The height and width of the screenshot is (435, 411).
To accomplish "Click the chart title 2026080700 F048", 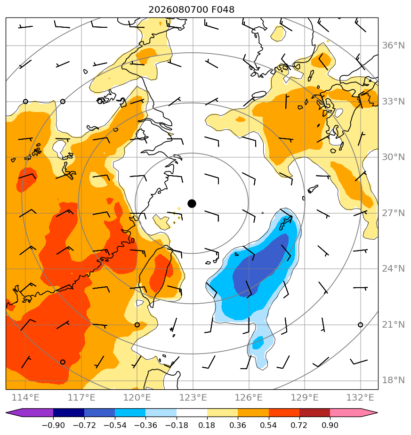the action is pyautogui.click(x=191, y=10).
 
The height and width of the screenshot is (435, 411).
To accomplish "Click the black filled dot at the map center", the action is pyautogui.click(x=192, y=204).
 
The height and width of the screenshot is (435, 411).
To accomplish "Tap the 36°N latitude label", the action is pyautogui.click(x=393, y=46).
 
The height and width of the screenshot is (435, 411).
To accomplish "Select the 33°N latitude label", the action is pyautogui.click(x=393, y=102).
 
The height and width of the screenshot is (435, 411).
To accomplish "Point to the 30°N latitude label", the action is pyautogui.click(x=393, y=157).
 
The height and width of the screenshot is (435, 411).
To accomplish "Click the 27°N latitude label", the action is pyautogui.click(x=393, y=213).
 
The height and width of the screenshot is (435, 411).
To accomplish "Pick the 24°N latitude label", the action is pyautogui.click(x=393, y=268).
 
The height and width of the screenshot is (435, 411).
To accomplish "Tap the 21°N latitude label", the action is pyautogui.click(x=393, y=324).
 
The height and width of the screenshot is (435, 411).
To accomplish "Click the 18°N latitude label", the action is pyautogui.click(x=393, y=380).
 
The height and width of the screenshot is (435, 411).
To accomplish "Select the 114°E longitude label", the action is pyautogui.click(x=25, y=397).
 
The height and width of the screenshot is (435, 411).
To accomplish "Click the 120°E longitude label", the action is pyautogui.click(x=137, y=397).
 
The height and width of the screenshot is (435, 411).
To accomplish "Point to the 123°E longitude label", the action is pyautogui.click(x=193, y=397).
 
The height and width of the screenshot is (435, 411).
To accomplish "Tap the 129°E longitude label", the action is pyautogui.click(x=305, y=397).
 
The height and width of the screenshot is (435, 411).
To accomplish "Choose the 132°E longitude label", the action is pyautogui.click(x=360, y=397).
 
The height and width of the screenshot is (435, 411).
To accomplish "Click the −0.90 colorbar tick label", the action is pyautogui.click(x=53, y=425).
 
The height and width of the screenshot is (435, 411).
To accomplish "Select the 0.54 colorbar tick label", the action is pyautogui.click(x=268, y=425).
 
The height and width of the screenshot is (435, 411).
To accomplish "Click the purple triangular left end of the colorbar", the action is pyautogui.click(x=15, y=412).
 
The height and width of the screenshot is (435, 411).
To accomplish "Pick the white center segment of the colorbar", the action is pyautogui.click(x=192, y=412).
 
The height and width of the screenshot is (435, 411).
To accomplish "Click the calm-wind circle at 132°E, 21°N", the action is pyautogui.click(x=360, y=324).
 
